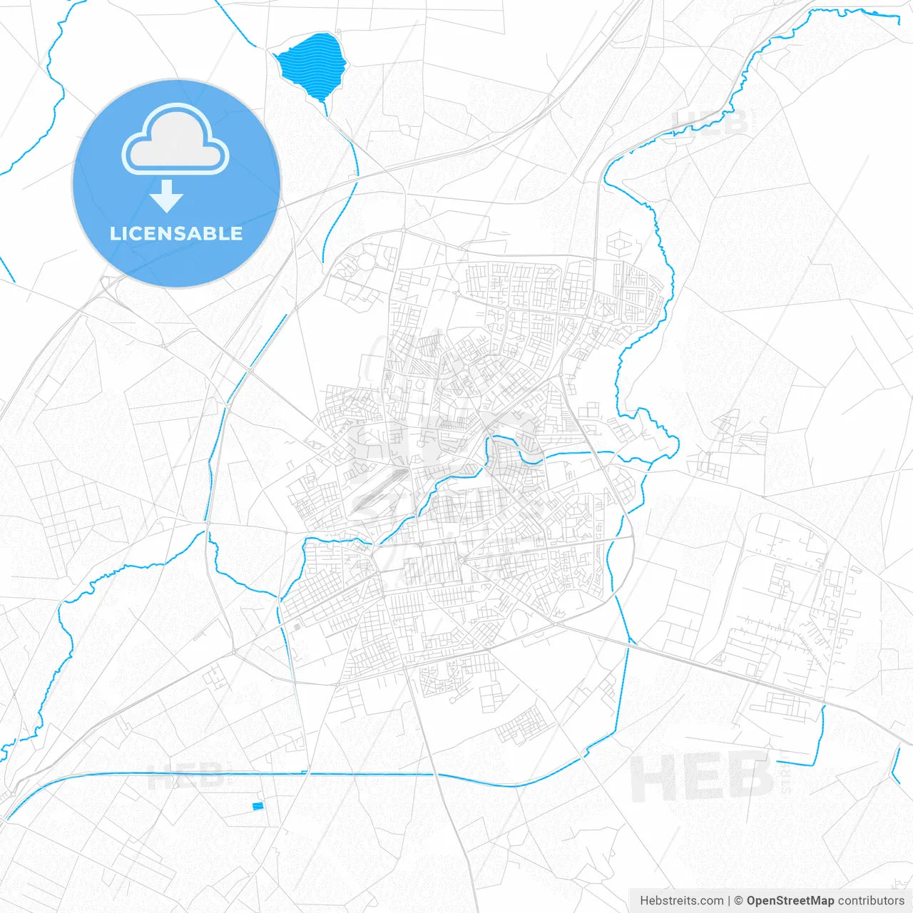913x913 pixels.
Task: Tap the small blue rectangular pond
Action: [x=257, y=806]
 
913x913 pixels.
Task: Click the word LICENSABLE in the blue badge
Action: [x=176, y=234]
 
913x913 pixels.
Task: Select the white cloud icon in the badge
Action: [x=175, y=140]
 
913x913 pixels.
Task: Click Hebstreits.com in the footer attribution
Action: [x=682, y=901]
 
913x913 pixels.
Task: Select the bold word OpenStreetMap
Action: [x=790, y=901]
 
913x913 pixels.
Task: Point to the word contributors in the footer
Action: [x=871, y=901]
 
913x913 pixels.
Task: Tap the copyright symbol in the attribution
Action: [x=738, y=901]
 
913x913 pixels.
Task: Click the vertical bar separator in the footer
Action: [x=729, y=901]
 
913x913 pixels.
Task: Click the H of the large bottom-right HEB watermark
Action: [x=653, y=777]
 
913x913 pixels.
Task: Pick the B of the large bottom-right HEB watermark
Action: [x=748, y=776]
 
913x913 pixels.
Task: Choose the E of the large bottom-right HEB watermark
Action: [x=701, y=777]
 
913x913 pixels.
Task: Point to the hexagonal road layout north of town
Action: [x=618, y=245]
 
